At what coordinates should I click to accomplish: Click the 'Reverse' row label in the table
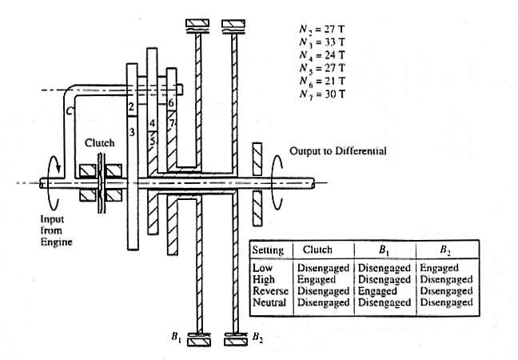[269, 291]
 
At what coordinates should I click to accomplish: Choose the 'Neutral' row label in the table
[268, 302]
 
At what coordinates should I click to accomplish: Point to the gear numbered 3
[133, 133]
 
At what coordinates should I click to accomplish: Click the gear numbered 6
[170, 102]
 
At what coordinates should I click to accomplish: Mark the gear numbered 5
[152, 138]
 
